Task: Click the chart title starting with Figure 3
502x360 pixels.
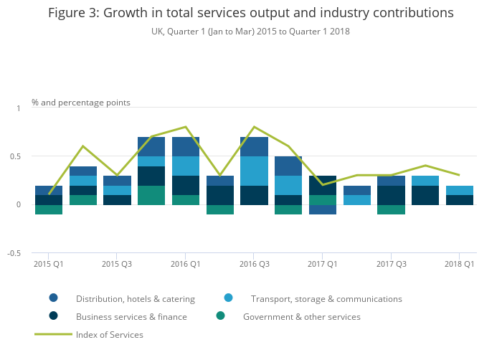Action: point(250,13)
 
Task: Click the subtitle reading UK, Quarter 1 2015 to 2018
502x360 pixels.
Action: point(250,32)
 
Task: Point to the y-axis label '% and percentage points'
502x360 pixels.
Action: point(81,103)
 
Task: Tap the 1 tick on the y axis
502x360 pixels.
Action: point(19,108)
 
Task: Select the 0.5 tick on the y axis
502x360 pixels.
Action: point(16,156)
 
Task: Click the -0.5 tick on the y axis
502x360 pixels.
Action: point(15,253)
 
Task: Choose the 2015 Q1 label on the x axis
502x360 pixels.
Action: point(49,264)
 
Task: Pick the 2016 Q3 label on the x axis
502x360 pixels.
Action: point(254,264)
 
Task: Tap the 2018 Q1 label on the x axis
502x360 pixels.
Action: point(459,264)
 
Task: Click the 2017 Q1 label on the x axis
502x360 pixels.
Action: point(322,264)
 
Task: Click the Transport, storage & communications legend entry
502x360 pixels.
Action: point(326,298)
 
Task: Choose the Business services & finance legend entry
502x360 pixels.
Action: point(131,316)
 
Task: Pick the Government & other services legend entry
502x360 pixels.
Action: point(302,316)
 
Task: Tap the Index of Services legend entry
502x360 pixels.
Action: point(110,334)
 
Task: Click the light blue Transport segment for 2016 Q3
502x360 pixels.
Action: point(254,171)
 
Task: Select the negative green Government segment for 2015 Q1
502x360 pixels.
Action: point(49,209)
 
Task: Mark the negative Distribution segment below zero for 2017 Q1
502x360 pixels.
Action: point(322,209)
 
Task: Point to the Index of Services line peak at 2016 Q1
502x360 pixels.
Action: point(186,127)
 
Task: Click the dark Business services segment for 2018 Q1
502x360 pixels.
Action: point(459,200)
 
